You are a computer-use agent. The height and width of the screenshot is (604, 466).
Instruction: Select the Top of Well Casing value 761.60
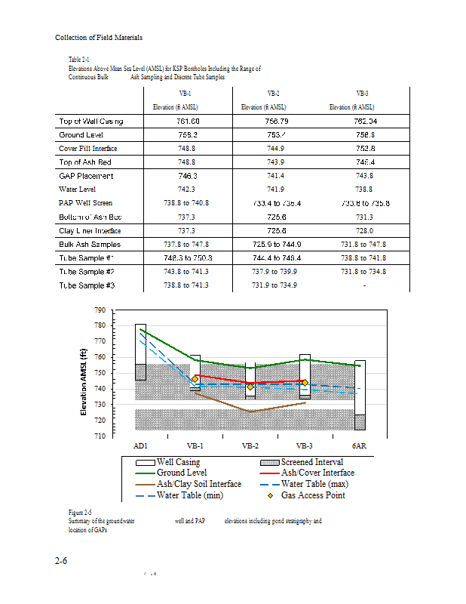tap(188, 121)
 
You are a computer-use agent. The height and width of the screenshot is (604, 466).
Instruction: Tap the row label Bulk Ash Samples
tap(89, 245)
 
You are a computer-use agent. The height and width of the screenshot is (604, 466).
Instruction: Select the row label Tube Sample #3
tap(86, 285)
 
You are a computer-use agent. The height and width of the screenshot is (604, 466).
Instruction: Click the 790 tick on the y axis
tap(100, 310)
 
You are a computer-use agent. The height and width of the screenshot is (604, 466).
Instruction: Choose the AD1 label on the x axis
tap(140, 446)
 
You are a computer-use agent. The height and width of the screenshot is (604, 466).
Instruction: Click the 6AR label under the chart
tap(360, 446)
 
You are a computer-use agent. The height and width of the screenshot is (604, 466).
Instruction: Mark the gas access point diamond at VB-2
tap(250, 387)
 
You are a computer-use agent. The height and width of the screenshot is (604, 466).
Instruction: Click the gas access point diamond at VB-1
tap(195, 378)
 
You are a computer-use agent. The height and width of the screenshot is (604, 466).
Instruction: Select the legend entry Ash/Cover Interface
tap(317, 473)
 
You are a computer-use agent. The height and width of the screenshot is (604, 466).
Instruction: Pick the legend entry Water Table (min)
tap(189, 495)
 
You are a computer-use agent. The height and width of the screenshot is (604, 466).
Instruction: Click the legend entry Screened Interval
tap(311, 462)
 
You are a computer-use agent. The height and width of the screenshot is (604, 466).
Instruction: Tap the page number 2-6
tap(63, 561)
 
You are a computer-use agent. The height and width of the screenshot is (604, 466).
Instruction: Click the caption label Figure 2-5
tap(81, 513)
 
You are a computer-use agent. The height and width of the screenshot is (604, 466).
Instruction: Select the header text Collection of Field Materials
tap(99, 38)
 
